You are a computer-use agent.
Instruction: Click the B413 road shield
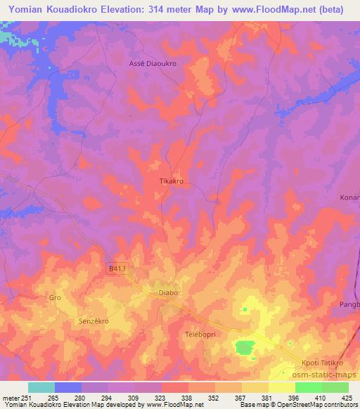(x=117, y=268)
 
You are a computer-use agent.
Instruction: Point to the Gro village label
(x=55, y=298)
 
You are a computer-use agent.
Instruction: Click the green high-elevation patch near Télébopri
(x=244, y=346)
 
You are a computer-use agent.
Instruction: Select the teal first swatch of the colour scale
(x=41, y=387)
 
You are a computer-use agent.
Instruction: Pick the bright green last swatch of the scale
(x=335, y=387)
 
